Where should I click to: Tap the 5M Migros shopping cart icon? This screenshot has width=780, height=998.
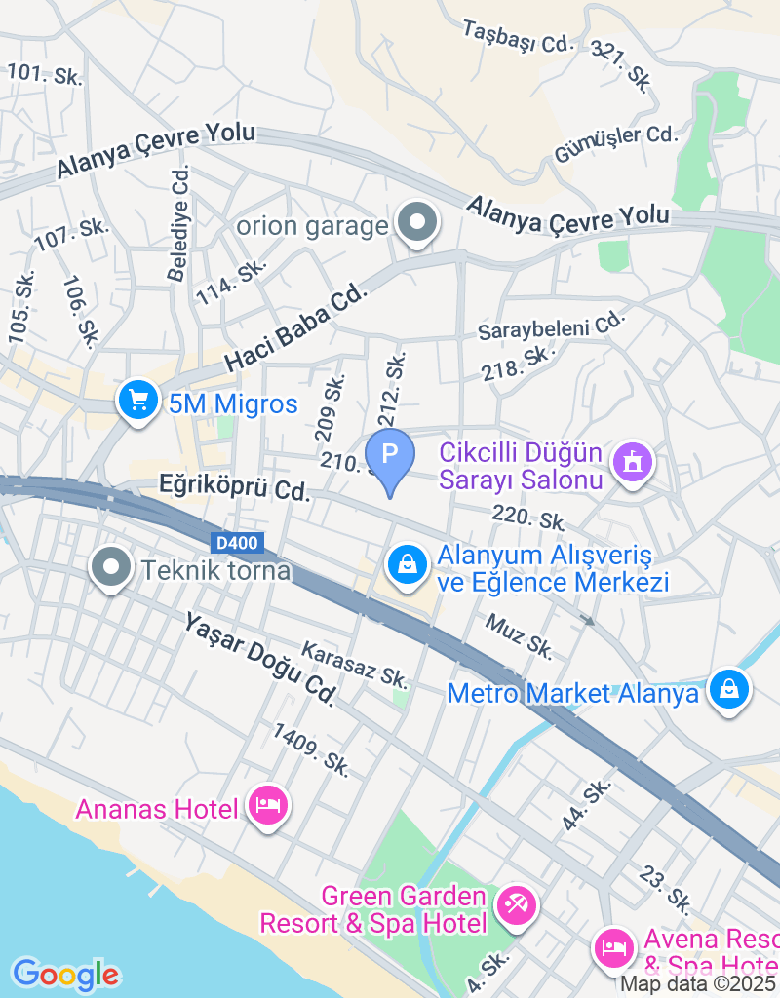tap(137, 400)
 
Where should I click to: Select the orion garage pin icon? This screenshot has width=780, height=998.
tap(418, 223)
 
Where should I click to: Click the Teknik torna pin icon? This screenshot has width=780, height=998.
tap(111, 567)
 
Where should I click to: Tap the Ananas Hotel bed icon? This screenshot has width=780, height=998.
tap(267, 806)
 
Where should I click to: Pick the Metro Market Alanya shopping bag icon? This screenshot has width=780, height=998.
tap(728, 690)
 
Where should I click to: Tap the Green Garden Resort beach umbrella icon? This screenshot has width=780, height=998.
tap(516, 906)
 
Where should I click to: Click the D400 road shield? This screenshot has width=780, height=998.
tap(234, 542)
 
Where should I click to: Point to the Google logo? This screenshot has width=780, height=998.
tap(65, 974)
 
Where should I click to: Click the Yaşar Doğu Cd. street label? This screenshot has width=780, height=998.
tap(259, 660)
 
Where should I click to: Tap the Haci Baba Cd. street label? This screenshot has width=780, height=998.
tap(299, 327)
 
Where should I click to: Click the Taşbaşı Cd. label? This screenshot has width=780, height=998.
tap(517, 41)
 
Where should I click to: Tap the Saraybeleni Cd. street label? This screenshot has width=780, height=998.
tap(550, 327)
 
